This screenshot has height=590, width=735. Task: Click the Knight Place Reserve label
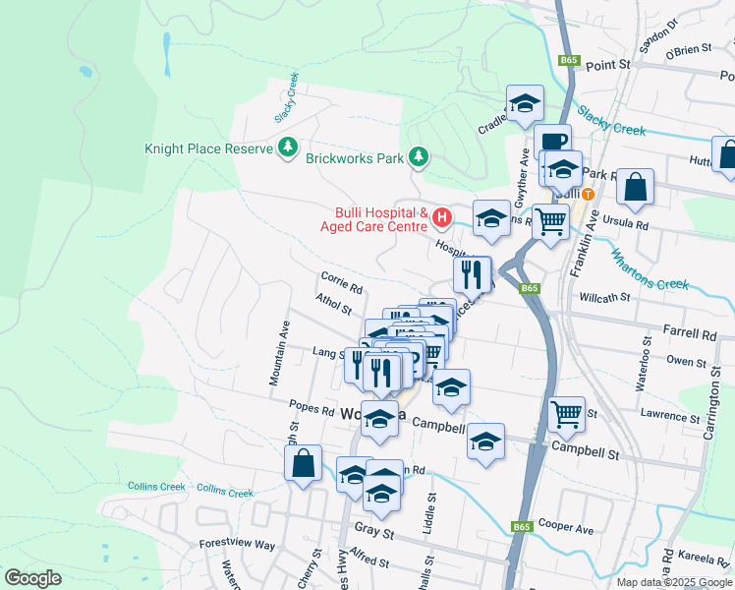point(207,148)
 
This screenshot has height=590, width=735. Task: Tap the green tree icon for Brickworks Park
point(419,156)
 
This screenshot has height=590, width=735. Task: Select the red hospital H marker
point(442,216)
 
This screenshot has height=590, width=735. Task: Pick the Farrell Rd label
point(690,334)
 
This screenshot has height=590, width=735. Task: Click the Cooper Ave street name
point(566,528)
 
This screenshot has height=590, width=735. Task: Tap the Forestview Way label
point(237,544)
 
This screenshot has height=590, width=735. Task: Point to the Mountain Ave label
point(278,352)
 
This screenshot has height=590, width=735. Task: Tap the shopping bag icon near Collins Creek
point(304,463)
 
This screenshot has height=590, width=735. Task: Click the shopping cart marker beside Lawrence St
point(567,414)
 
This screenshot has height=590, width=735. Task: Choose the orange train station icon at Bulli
point(588,194)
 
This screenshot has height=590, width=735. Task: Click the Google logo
point(32,577)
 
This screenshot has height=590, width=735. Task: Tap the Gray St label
point(373,533)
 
